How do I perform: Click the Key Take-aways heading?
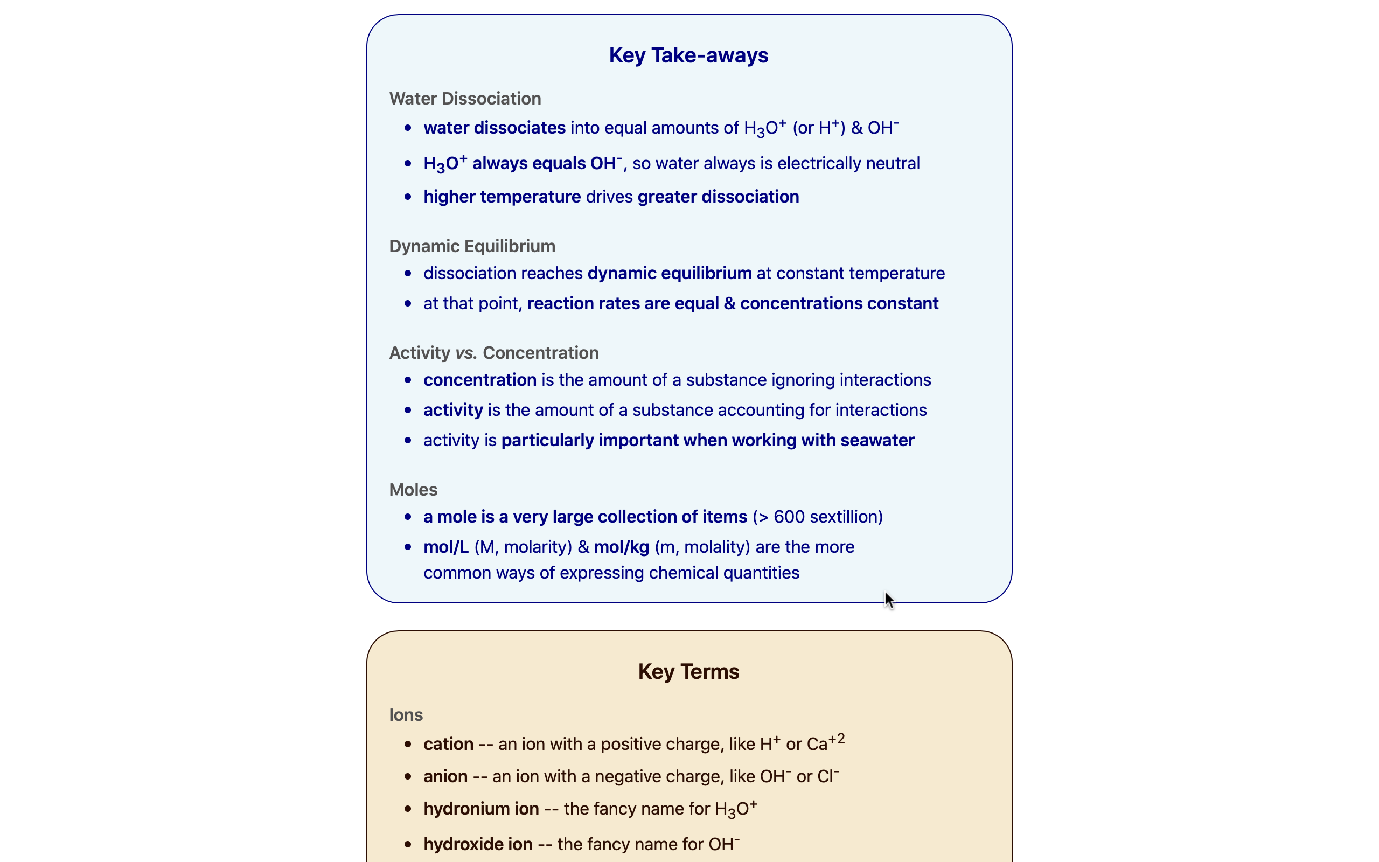688,55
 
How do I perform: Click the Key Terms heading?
688,672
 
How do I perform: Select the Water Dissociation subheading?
465,99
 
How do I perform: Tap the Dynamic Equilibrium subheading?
472,246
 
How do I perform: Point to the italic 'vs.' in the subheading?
465,353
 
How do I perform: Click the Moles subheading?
413,490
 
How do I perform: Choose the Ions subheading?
406,715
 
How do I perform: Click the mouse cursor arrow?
888,599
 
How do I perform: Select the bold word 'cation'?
448,744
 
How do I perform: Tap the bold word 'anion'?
445,776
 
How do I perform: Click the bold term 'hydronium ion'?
481,809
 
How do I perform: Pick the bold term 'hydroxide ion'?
477,844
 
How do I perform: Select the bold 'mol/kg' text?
621,547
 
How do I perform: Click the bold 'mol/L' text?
445,547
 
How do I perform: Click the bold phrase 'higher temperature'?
502,197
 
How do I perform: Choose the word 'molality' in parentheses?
716,547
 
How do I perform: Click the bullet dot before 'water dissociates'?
407,128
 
